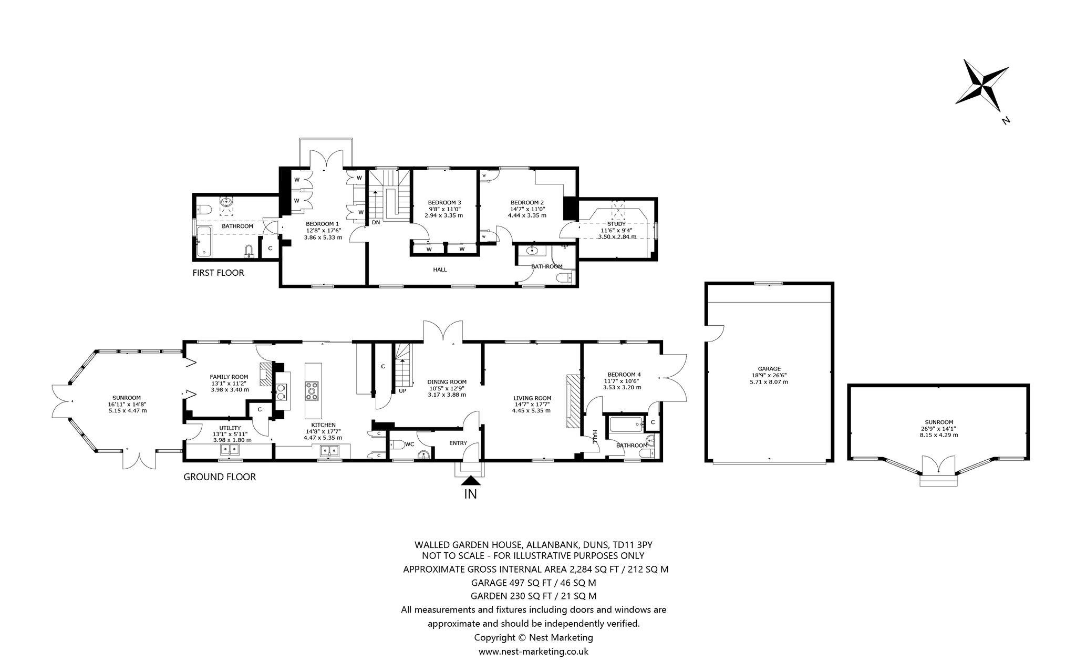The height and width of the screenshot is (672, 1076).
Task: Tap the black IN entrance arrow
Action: (x=471, y=480)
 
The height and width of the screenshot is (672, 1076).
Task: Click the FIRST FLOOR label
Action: (x=218, y=273)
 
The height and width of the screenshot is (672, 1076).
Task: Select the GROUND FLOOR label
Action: (x=220, y=477)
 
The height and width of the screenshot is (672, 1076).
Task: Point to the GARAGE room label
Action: (x=769, y=369)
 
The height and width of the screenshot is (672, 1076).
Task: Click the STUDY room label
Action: (x=617, y=224)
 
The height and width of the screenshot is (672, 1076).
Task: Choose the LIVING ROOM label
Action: (x=532, y=398)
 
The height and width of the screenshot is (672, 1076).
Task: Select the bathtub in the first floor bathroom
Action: (x=203, y=242)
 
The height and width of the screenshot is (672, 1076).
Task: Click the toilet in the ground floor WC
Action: (x=397, y=444)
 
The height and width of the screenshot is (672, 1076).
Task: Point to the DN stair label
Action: (x=376, y=222)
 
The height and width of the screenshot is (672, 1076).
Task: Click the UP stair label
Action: (x=402, y=391)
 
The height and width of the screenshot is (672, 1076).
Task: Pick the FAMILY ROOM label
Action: (x=229, y=377)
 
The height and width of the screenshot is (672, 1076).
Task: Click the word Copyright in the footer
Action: (x=495, y=638)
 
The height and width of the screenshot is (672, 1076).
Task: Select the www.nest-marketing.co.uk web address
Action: (x=533, y=652)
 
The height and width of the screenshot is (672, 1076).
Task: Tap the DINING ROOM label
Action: (x=447, y=382)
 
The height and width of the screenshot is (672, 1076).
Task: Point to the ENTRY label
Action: (x=458, y=443)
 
